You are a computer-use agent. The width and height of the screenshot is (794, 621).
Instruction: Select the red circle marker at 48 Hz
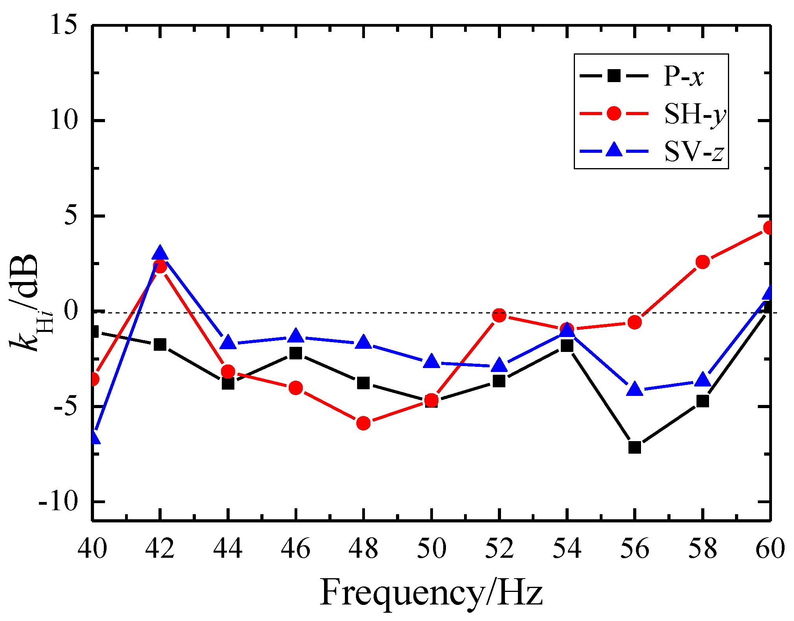point(363,423)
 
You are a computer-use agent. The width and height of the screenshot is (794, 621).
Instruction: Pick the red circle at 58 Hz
point(702,262)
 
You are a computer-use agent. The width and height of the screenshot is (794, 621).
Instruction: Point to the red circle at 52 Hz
point(499,315)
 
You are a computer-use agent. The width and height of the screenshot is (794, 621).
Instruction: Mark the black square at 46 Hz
point(296,353)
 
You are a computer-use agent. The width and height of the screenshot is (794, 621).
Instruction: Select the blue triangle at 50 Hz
point(431,361)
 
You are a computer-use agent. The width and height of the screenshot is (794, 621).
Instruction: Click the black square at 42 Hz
point(160,344)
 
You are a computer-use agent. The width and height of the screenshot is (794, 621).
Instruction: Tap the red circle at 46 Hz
point(296,388)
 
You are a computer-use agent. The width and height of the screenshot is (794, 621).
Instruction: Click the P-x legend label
point(683,76)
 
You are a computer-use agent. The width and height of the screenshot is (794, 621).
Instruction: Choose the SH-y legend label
point(695,114)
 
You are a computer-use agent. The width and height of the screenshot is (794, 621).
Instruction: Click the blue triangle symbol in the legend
point(614,150)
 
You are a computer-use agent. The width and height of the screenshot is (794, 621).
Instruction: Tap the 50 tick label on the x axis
point(431,548)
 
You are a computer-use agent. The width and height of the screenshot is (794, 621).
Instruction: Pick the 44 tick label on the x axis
point(228,548)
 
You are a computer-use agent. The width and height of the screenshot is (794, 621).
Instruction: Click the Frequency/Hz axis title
point(431,593)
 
